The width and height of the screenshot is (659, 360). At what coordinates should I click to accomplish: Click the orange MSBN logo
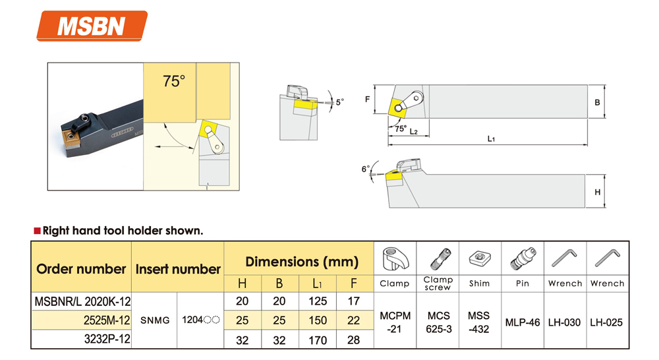pos(92,26)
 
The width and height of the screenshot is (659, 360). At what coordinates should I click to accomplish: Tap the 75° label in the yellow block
pos(174,80)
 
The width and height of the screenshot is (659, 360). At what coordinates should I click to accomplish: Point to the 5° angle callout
pos(339,102)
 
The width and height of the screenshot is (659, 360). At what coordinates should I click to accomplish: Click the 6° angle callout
pos(366,169)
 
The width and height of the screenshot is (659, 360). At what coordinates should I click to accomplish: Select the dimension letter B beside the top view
pos(597,103)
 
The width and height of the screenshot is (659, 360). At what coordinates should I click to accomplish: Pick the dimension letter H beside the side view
pos(597,192)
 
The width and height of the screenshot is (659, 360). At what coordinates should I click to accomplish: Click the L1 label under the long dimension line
pos(491,138)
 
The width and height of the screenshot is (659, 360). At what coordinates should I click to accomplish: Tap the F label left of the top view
pos(367,100)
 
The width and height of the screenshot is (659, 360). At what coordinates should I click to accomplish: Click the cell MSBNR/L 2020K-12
pos(82,301)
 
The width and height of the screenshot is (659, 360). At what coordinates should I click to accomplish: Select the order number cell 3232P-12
pos(107,339)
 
